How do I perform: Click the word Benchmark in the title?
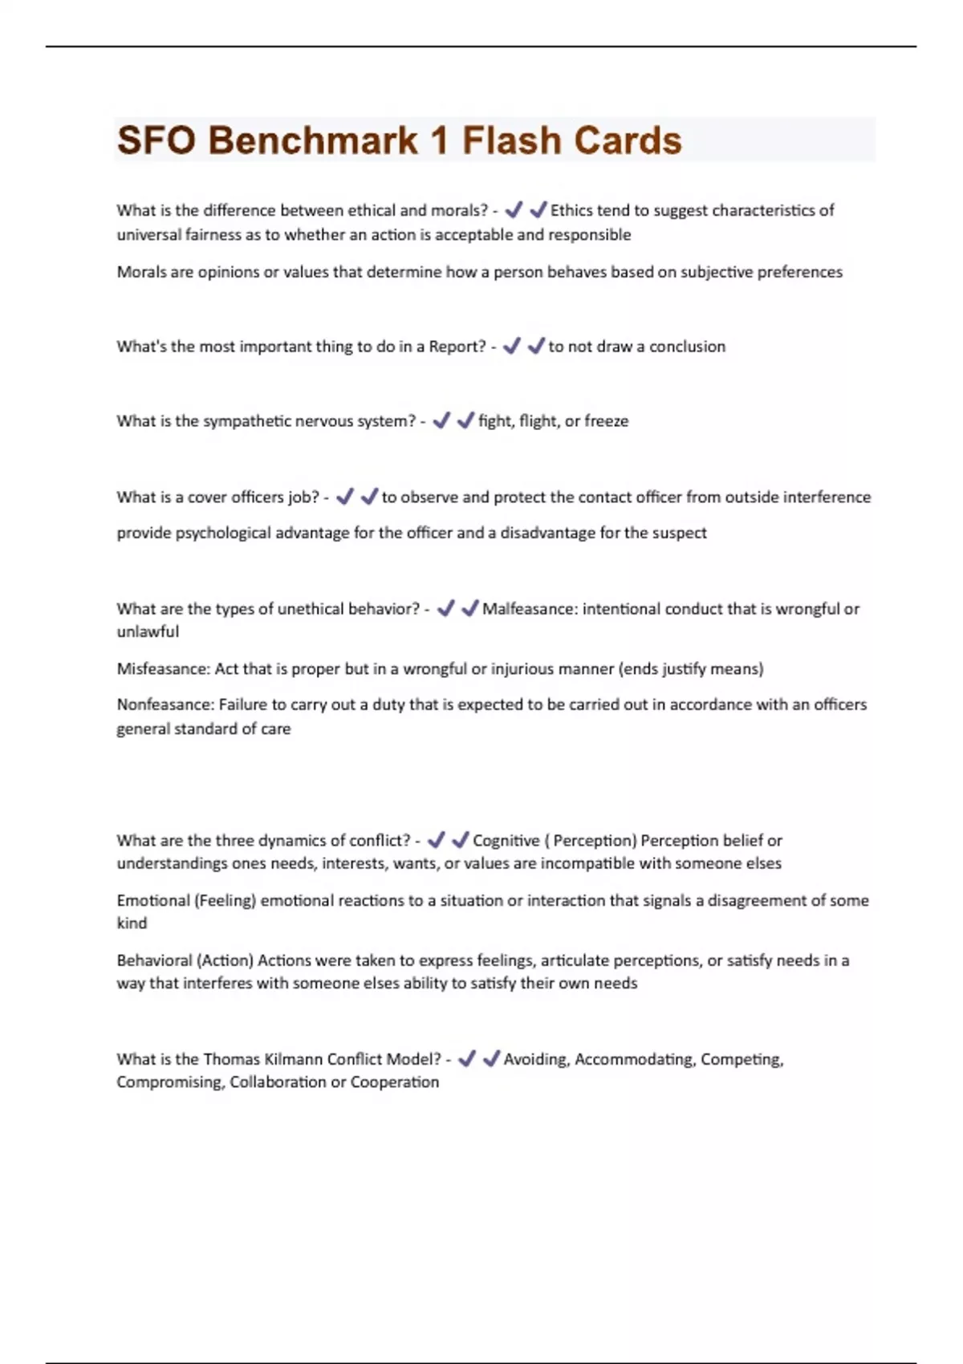click(313, 140)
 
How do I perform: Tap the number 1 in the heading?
click(439, 140)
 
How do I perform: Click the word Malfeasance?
click(529, 609)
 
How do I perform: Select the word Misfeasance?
click(163, 668)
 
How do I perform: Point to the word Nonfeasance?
click(165, 704)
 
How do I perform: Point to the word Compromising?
click(169, 1082)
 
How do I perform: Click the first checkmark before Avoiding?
click(466, 1059)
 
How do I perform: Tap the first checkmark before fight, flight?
click(441, 421)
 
